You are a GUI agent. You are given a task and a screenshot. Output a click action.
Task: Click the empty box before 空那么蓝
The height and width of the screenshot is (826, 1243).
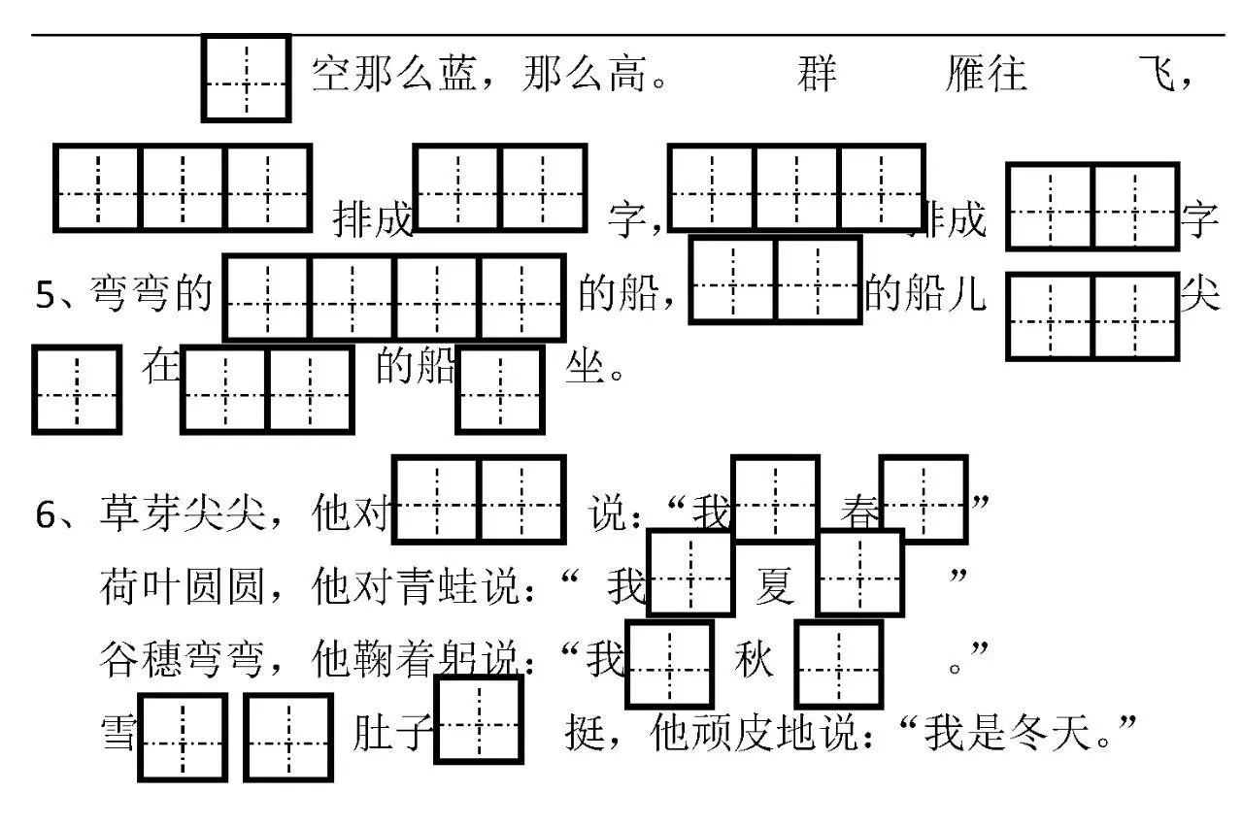pos(246,79)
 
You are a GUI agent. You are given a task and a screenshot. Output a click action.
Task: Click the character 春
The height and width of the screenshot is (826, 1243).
pos(860,515)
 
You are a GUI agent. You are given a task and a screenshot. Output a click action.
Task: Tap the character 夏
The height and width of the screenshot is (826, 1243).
pos(775,587)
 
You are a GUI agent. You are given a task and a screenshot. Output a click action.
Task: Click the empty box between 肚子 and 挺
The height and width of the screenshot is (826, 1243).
pos(479,720)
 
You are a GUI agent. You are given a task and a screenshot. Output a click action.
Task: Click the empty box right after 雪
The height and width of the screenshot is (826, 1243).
pos(183,738)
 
